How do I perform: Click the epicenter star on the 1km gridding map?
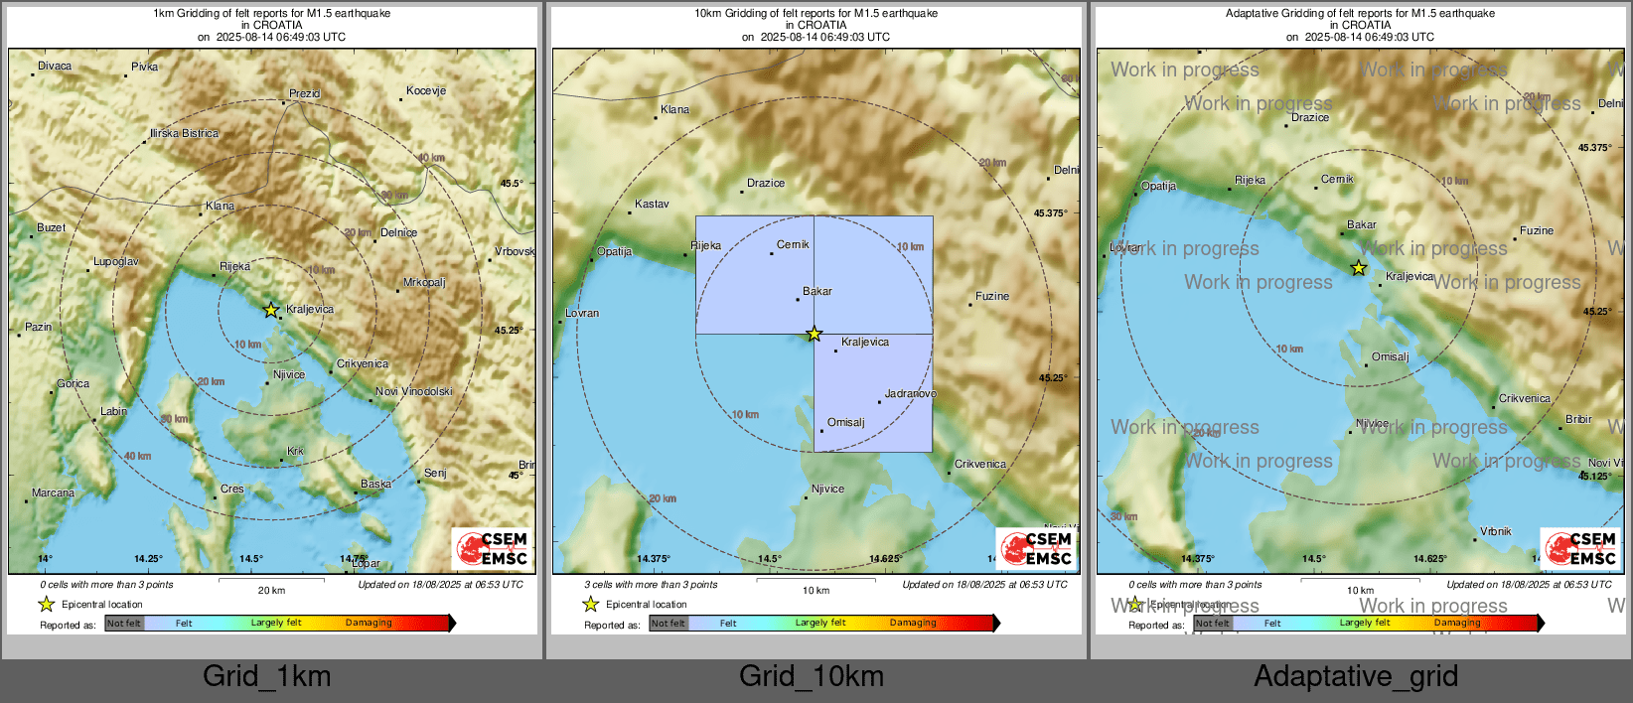point(271,310)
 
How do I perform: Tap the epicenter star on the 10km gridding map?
point(815,334)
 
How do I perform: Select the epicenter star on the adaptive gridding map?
point(1359,268)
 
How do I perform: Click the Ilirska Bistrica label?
point(185,133)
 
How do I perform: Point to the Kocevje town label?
point(426,90)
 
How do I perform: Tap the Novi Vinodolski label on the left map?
point(413,391)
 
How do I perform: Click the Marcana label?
point(53,492)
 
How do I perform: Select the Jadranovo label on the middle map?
point(910,393)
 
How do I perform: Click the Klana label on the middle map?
point(674,109)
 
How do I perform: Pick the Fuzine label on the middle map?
point(991,296)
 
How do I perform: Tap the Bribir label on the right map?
point(1578,419)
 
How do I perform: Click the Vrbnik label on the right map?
point(1495,531)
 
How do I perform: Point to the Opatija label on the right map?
point(1158,186)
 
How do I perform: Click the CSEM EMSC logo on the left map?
point(492,549)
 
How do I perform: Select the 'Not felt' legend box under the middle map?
point(668,624)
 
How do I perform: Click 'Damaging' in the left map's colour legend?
point(369,623)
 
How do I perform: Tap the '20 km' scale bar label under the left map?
point(271,590)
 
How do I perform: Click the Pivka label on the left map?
point(144,67)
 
